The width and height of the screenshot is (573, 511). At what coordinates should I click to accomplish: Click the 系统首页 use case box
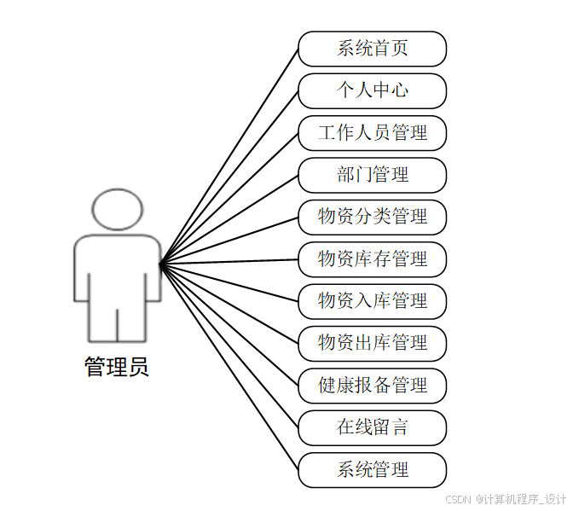pos(372,49)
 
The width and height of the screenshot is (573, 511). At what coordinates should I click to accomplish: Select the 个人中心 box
pos(372,90)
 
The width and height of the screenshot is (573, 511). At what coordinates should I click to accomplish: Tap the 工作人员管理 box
pos(372,132)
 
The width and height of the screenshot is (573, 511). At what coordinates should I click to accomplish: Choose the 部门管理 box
pos(372,175)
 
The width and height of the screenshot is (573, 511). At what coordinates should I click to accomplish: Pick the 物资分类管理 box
pos(372,217)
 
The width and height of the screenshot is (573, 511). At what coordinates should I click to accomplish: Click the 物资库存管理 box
pos(372,258)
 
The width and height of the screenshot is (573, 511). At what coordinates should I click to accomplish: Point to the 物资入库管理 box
pos(372,300)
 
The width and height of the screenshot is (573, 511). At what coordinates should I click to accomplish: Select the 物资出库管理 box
pos(372,343)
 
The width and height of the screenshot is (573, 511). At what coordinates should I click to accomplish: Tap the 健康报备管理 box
pos(372,385)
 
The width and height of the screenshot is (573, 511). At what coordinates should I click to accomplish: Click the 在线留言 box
pos(372,427)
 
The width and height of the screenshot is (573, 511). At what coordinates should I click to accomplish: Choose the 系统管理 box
pos(372,469)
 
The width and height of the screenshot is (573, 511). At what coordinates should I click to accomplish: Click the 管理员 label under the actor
pos(117,368)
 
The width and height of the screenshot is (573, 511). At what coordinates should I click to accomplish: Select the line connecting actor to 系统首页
pos(229,154)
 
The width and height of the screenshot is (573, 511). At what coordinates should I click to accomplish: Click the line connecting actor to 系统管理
pos(229,365)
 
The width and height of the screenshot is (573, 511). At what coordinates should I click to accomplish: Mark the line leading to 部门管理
pos(229,218)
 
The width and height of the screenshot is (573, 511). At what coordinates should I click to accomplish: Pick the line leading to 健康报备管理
pos(229,323)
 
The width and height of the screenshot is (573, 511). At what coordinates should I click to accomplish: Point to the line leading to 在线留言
pos(229,344)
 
